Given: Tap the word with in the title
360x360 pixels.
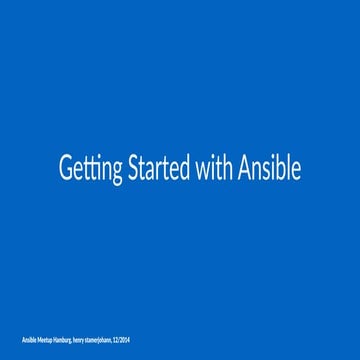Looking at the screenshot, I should point(218,168).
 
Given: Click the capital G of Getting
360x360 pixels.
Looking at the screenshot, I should point(66,168).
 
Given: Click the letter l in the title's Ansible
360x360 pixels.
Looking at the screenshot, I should point(288,168).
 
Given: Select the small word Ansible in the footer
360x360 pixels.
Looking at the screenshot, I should point(29,342).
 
